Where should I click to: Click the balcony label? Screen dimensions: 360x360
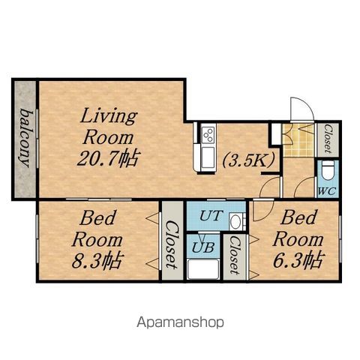26,138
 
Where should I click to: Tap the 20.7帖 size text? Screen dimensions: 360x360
108,158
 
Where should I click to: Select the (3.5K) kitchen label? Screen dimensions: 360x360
248,160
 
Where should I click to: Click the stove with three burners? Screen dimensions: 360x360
208,134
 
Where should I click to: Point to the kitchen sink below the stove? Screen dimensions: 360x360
208,157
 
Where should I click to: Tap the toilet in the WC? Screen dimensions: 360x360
328,170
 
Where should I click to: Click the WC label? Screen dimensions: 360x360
327,191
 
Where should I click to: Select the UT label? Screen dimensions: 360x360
211,215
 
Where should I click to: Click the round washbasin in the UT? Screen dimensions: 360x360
235,221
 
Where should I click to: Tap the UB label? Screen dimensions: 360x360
203,247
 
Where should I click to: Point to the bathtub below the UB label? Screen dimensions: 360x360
203,269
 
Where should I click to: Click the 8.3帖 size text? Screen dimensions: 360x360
97,260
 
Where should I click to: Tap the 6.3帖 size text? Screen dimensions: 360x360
298,259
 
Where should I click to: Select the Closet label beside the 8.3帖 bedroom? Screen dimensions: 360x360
172,244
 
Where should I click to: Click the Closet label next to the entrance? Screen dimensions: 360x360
328,139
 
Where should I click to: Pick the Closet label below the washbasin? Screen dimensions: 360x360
235,255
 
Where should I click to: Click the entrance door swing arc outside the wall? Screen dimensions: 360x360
308,103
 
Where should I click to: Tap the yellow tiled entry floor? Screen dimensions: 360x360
298,140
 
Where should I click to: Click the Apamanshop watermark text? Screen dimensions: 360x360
180,322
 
